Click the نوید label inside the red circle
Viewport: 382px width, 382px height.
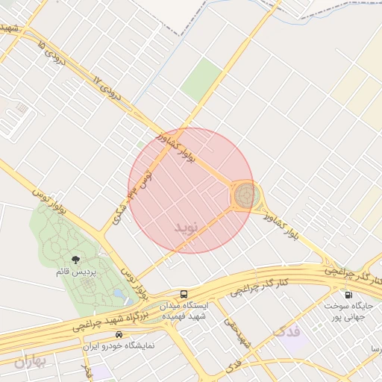(x=188, y=226)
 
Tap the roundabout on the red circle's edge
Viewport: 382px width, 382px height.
(x=246, y=196)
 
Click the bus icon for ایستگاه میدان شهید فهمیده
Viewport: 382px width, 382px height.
(x=184, y=294)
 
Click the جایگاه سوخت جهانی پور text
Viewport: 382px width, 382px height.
(x=349, y=310)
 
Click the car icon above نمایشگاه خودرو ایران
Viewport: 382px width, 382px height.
(x=110, y=335)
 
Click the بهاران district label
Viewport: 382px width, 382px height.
(x=30, y=361)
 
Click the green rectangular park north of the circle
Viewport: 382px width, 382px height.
(x=201, y=79)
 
